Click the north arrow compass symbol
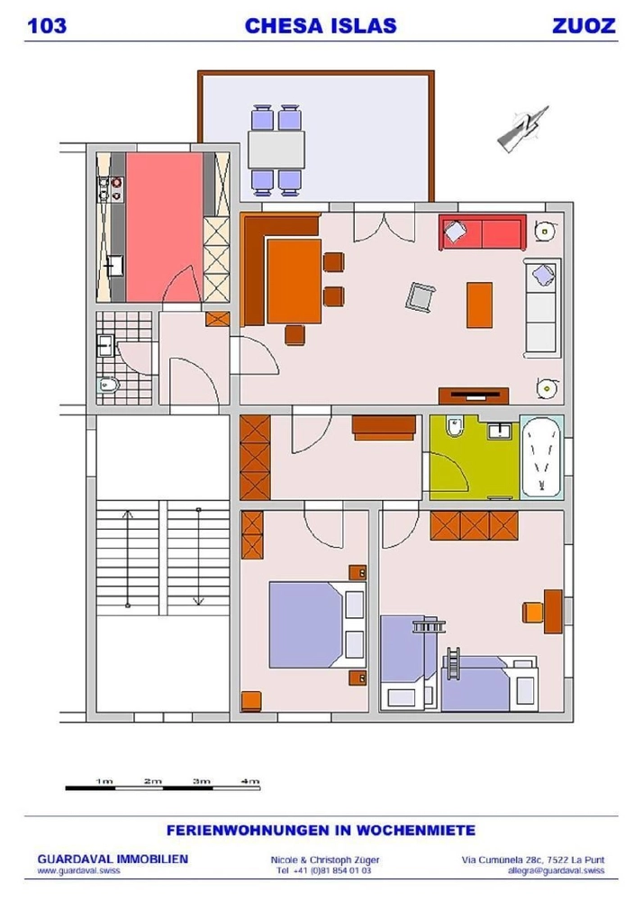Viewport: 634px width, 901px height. [x=522, y=129]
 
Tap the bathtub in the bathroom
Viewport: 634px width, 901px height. [x=542, y=457]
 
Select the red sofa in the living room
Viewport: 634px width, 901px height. [x=483, y=232]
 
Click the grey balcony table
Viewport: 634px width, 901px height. [x=276, y=150]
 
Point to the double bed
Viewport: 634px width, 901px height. [x=317, y=625]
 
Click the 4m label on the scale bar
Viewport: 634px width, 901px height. [x=250, y=781]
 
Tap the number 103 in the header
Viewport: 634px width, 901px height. [x=47, y=26]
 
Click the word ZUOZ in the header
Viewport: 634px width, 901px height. [x=584, y=26]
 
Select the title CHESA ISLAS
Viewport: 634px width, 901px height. [x=321, y=26]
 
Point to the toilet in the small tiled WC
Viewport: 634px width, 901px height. [x=107, y=385]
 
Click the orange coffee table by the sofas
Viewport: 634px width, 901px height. [x=479, y=305]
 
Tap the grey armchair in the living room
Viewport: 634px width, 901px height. [x=421, y=297]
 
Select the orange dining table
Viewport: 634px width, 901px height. [x=294, y=281]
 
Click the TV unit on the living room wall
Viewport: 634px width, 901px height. [x=474, y=396]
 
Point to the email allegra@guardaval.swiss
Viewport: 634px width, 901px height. [x=556, y=870]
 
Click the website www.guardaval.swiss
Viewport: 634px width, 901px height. [x=78, y=870]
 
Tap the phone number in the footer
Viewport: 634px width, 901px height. [x=324, y=870]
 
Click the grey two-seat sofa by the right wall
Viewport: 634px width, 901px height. [x=541, y=307]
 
